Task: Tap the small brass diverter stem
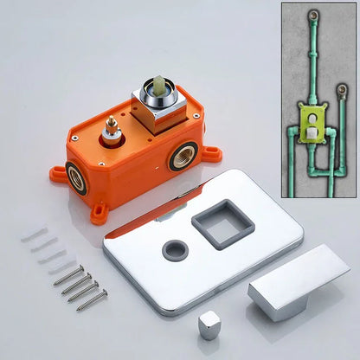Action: tap(111, 134)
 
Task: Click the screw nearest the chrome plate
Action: tap(92, 300)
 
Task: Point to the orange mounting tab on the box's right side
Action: tap(211, 156)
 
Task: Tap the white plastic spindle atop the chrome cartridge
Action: tap(160, 87)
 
